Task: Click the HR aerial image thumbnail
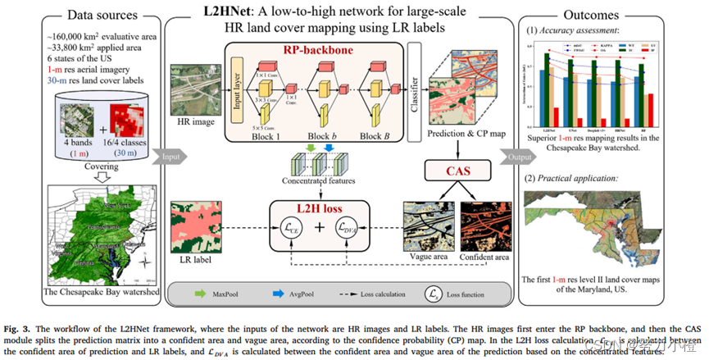click(x=193, y=89)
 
